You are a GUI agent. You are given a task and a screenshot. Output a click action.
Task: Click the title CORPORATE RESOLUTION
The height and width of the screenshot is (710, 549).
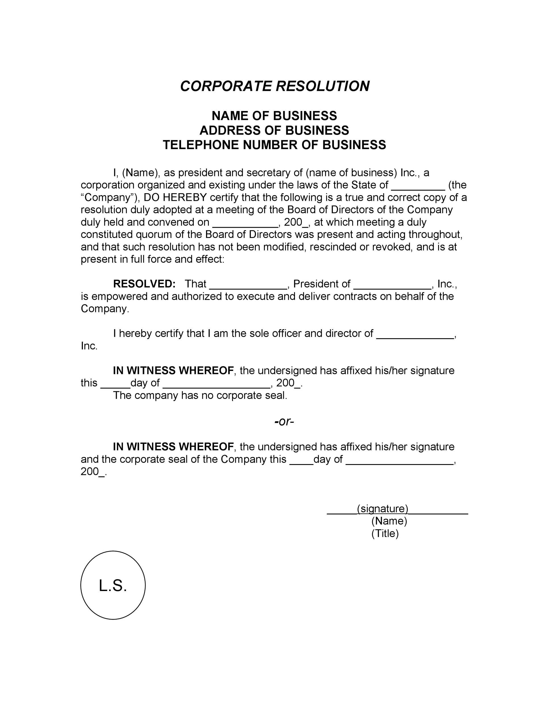(274, 86)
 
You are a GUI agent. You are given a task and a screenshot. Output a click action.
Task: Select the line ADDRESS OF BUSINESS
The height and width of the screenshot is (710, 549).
(274, 130)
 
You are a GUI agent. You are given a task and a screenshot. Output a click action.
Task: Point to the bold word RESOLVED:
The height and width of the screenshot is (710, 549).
(144, 284)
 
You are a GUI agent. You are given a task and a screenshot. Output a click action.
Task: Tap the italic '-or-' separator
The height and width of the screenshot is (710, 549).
(284, 421)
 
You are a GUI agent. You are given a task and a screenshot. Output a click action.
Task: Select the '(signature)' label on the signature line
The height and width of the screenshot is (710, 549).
(382, 508)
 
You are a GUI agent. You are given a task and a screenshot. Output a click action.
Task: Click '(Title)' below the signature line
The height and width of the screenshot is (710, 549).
(385, 533)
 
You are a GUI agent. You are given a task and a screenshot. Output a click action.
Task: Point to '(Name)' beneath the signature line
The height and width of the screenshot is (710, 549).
(389, 521)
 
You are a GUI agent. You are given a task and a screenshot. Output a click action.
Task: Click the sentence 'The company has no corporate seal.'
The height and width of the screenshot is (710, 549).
(200, 395)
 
